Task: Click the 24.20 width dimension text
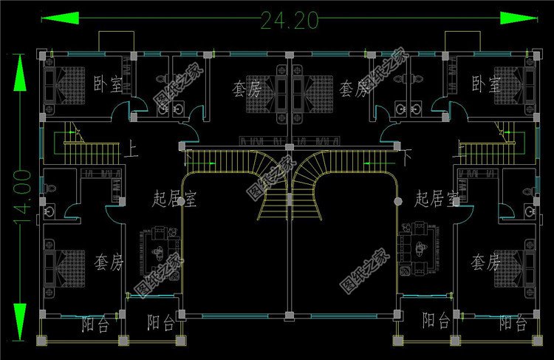pos(289,20)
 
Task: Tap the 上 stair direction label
pos(133,148)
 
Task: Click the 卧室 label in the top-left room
pos(107,85)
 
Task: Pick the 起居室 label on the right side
pos(437,197)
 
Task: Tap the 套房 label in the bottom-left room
pos(109,261)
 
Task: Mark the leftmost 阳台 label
pos(95,322)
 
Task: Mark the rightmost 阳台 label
pos(512,322)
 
